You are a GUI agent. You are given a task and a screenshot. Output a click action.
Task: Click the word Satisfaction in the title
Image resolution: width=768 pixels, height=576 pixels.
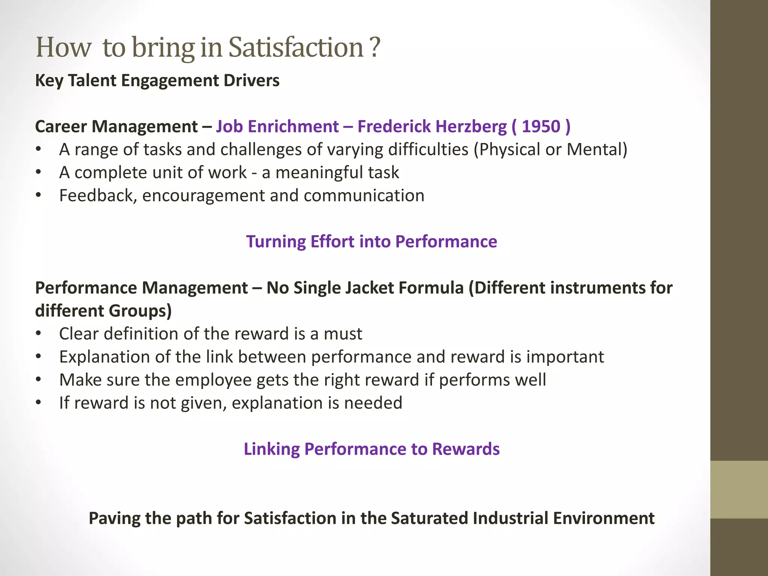296,48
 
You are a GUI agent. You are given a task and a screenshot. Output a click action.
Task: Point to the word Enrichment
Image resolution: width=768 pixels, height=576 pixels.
293,126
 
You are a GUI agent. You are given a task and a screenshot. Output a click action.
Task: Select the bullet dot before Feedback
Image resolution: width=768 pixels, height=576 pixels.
38,196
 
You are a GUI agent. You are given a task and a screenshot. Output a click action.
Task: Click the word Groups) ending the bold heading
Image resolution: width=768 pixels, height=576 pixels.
140,311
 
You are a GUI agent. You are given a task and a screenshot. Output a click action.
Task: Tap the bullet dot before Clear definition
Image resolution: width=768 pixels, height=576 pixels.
38,334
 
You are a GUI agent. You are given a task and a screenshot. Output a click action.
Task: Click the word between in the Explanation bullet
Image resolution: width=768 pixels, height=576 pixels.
272,357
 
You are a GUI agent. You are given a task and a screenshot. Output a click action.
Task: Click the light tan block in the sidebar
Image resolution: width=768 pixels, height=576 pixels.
739,489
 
